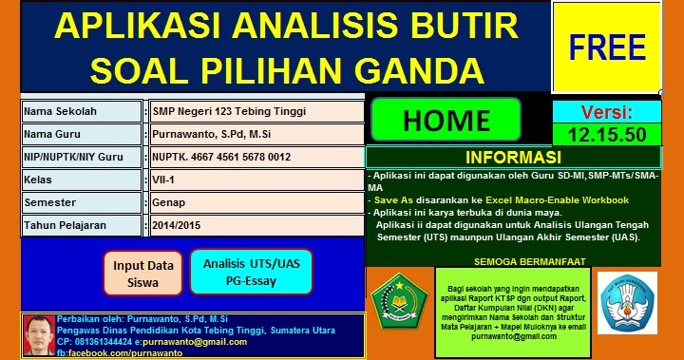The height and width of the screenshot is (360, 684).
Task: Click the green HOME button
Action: [446, 120]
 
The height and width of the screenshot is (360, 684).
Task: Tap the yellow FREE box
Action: [607, 47]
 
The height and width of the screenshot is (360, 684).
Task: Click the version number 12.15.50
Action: [606, 134]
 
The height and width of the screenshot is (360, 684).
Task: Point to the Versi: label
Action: [606, 111]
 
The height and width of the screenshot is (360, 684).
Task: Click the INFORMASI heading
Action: [513, 157]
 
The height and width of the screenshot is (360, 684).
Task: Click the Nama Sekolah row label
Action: [81, 111]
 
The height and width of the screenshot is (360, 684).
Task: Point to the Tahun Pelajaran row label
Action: [81, 225]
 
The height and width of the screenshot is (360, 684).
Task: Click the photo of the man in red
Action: [38, 334]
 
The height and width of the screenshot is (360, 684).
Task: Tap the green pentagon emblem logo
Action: [394, 297]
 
